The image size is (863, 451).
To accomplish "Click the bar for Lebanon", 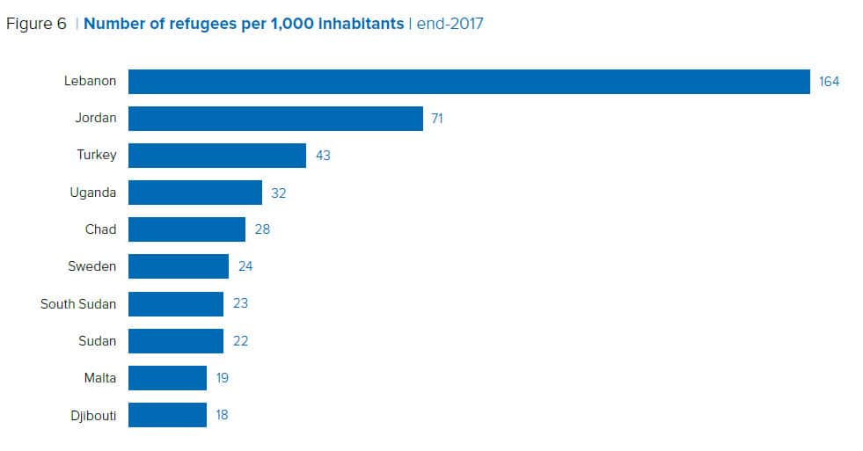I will [x=469, y=82].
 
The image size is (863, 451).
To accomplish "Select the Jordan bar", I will [x=275, y=119].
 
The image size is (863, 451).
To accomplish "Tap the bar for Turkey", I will [x=217, y=156].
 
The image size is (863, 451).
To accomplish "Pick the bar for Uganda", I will [x=195, y=193].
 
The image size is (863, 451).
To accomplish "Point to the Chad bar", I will [x=186, y=229].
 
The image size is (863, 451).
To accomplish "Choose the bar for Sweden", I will [x=179, y=266].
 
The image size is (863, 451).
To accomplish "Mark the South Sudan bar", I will [x=176, y=303].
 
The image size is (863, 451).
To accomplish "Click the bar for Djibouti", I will [x=167, y=414].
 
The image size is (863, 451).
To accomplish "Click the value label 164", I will [x=829, y=82].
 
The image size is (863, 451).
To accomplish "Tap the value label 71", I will [x=436, y=119].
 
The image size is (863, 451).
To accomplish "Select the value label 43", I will [x=322, y=156].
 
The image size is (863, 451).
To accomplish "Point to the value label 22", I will [x=240, y=340].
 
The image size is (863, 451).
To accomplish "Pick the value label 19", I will [x=223, y=377].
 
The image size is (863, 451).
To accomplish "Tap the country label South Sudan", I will [x=78, y=303].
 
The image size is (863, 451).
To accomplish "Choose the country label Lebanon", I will [x=90, y=82].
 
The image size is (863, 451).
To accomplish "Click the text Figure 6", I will [x=36, y=24].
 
